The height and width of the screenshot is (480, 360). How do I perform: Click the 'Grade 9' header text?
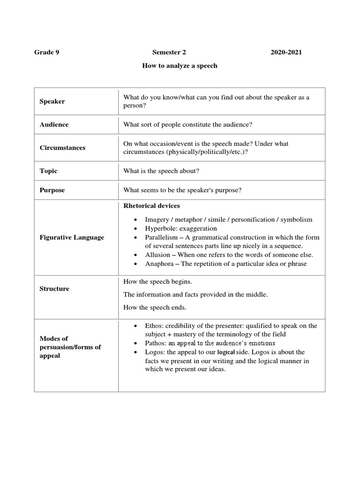(x=47, y=52)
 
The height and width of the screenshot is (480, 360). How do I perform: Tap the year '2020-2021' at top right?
(x=286, y=52)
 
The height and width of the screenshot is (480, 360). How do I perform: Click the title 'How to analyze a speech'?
(x=180, y=66)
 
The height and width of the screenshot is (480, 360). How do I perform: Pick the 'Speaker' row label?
(x=52, y=101)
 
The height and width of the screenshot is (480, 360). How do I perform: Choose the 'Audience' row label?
(x=54, y=125)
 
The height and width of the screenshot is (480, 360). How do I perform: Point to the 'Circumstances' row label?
(x=62, y=148)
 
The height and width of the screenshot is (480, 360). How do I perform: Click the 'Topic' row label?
(x=48, y=171)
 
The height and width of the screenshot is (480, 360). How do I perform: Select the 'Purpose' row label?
(x=52, y=190)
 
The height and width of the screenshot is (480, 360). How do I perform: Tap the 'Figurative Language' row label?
(x=72, y=237)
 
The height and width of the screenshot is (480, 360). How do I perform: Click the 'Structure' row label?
(x=54, y=289)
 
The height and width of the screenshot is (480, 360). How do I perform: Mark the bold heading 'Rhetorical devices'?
(x=151, y=206)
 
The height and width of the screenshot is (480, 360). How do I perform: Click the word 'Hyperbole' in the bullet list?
(x=159, y=228)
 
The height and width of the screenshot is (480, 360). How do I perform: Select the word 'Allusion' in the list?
(x=157, y=255)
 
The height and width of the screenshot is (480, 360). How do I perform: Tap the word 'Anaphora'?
(x=159, y=263)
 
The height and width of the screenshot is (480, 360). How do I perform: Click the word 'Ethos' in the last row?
(x=153, y=325)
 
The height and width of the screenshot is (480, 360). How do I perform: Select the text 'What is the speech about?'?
(x=161, y=171)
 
